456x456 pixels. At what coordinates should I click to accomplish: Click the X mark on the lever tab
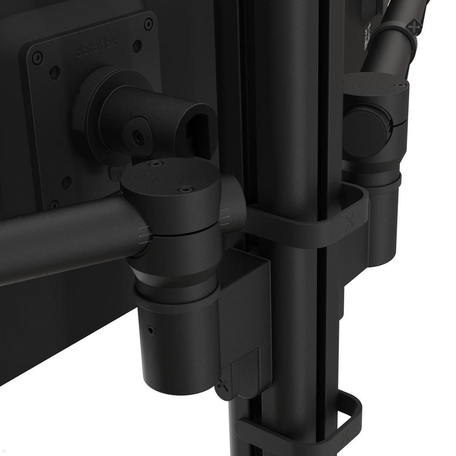pyautogui.click(x=223, y=386)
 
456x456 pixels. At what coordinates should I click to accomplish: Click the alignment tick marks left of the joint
pyautogui.click(x=143, y=233)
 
